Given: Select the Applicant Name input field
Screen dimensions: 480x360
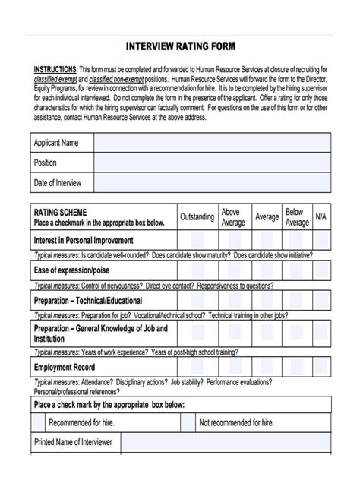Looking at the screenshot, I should tap(213, 143).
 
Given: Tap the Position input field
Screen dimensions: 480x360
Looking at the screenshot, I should tap(213, 163).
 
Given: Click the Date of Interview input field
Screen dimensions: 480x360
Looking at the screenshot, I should tap(213, 183).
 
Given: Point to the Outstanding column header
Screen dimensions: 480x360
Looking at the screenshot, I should tap(197, 217).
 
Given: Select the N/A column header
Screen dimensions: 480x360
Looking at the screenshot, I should tap(321, 217).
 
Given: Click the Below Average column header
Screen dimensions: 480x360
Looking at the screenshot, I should tap(296, 217).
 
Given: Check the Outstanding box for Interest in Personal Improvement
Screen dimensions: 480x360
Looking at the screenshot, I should tap(197, 241).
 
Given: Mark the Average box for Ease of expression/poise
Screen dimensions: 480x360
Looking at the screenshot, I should tap(266, 270).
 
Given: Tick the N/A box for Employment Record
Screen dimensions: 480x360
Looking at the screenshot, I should tap(321, 367).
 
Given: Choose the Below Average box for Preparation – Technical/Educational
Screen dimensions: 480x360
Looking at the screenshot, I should tap(296, 301).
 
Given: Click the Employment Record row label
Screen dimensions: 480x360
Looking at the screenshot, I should tap(64, 368).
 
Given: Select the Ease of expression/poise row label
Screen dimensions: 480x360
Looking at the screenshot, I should tap(72, 271).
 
